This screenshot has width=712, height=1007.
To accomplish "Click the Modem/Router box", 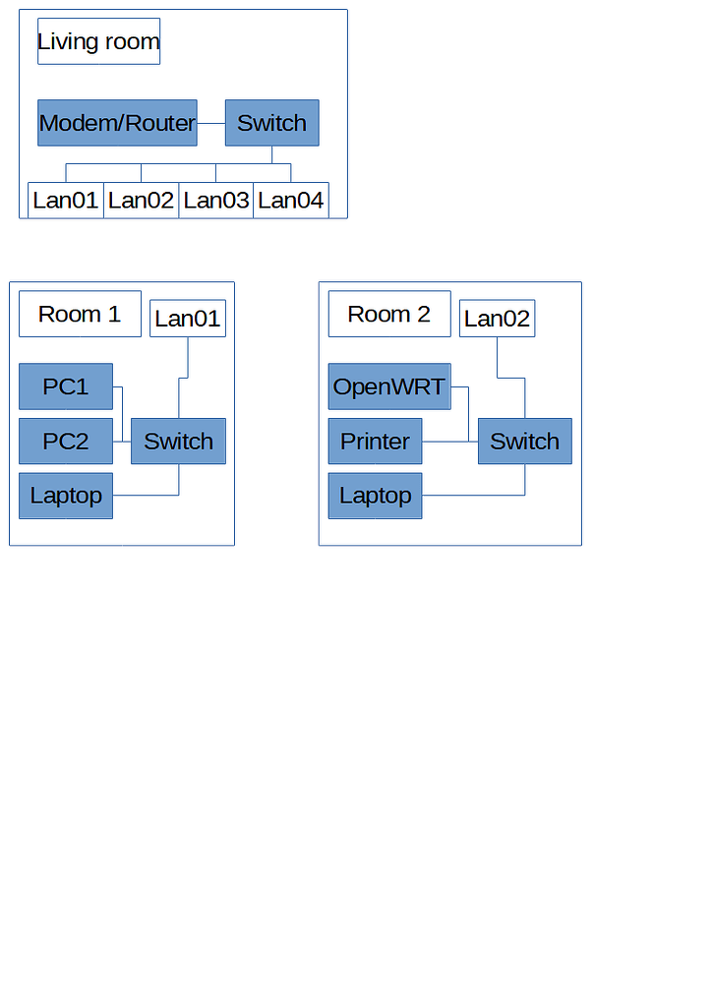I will point(117,123).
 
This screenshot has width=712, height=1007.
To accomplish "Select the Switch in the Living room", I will point(271,123).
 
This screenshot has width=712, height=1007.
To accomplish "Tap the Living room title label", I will point(98,41).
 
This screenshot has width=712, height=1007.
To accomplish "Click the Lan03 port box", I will point(216,201).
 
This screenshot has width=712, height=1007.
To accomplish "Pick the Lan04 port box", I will point(291,201).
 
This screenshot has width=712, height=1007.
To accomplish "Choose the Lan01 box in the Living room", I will point(66,201).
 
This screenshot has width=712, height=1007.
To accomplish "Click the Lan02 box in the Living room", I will point(141,201).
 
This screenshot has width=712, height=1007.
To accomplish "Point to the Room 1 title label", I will point(80,314).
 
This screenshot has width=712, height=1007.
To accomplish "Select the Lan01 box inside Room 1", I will point(188,319).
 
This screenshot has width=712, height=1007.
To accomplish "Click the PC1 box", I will point(66,386).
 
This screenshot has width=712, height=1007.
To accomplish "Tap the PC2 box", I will point(66,442).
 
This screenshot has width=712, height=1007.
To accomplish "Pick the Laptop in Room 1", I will point(66,496).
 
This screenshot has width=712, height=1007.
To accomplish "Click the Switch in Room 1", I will point(178,442).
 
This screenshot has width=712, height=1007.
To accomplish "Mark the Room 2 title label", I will point(389,314).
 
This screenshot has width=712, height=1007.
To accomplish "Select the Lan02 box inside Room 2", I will point(497,319).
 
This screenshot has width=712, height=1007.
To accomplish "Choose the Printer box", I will point(375,442).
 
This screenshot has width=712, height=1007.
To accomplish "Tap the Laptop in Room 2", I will point(375,496).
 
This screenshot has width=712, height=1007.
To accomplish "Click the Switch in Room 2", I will point(524,442).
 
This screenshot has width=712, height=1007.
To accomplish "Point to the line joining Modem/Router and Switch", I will point(211,124).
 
